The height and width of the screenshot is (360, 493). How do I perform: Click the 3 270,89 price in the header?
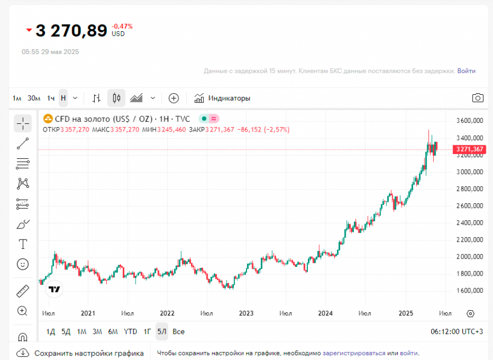click(71, 31)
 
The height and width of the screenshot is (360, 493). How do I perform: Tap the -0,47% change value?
click(122, 26)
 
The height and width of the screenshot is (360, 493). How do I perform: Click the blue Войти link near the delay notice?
click(466, 71)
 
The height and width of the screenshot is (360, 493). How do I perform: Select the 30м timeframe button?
click(34, 98)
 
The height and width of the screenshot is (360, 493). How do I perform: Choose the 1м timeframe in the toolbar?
click(17, 98)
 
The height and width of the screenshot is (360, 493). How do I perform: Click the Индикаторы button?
click(222, 98)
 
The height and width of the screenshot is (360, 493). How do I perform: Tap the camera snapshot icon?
click(478, 98)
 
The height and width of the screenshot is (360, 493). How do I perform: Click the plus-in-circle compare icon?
click(174, 98)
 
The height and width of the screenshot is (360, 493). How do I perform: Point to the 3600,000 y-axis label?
click(469, 121)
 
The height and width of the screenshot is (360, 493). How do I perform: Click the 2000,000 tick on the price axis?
click(469, 256)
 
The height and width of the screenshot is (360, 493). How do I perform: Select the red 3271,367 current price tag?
click(469, 149)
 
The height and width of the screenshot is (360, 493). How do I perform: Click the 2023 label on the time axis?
click(246, 313)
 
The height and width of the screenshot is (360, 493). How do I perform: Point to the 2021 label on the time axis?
click(88, 313)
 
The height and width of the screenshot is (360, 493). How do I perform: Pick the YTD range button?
click(130, 332)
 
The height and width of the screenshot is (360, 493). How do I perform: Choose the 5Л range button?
click(162, 332)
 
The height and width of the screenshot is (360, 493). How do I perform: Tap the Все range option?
click(179, 332)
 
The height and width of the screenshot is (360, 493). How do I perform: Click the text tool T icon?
click(23, 244)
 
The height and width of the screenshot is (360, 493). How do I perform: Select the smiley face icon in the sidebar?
click(23, 264)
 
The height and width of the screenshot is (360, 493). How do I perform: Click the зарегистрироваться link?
click(354, 353)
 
